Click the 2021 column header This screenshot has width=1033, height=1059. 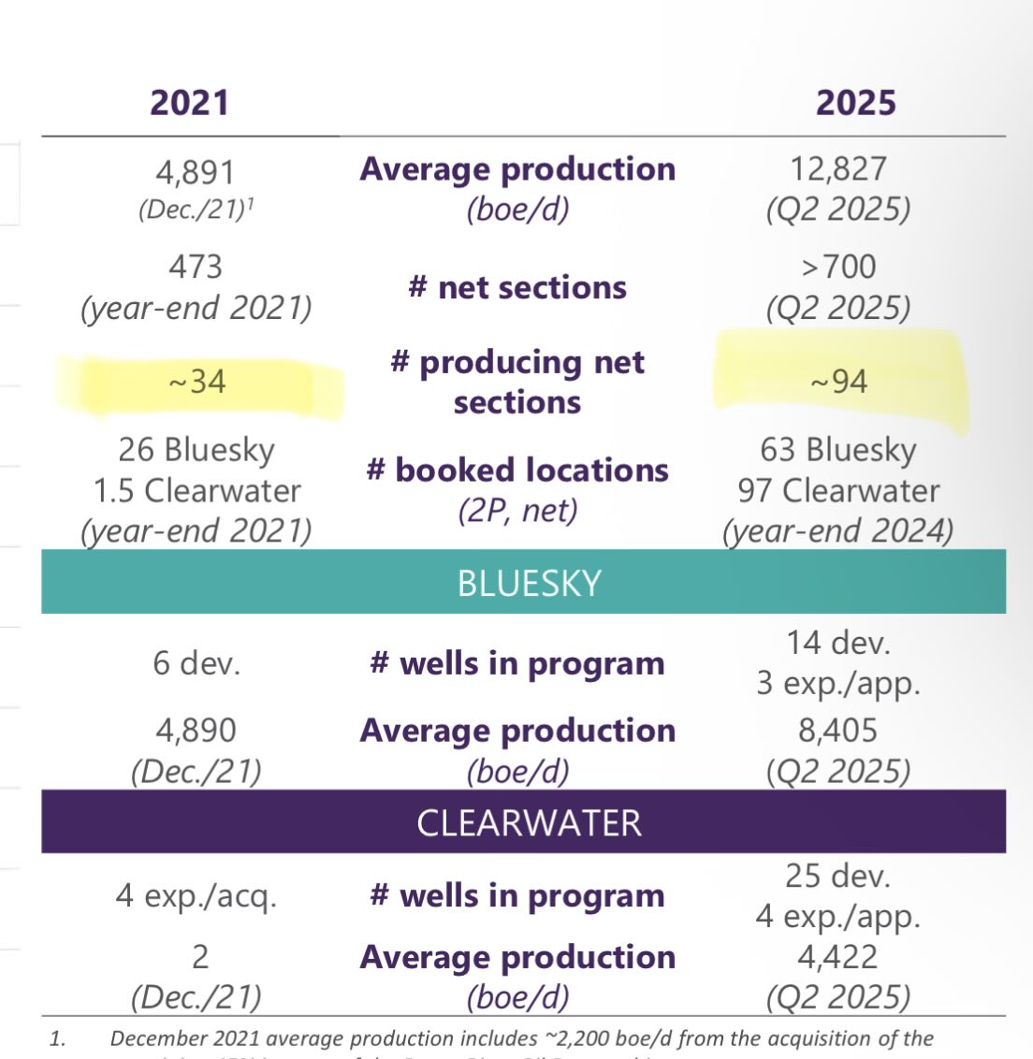coord(190,102)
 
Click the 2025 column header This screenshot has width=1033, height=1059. coord(855,102)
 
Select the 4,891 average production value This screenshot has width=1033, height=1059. coord(196,172)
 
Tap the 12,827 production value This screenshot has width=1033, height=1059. coord(838,168)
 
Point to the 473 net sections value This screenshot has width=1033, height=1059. coord(196,267)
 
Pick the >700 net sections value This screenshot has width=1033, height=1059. coord(838,267)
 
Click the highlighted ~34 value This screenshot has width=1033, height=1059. coord(196,382)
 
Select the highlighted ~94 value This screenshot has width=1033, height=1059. coord(838,382)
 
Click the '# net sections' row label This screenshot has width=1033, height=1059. coord(517,287)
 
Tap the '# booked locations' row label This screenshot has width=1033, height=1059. coord(517,470)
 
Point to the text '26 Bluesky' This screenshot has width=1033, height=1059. coord(196,450)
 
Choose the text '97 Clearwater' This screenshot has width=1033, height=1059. coord(838,490)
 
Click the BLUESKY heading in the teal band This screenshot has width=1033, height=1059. coord(529,583)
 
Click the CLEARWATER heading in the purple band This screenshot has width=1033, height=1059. coord(529,823)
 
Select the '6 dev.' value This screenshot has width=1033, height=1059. coord(196,663)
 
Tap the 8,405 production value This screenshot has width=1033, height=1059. coord(838,730)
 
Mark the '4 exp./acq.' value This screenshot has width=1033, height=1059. coord(196,896)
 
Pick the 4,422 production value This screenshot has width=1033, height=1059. coord(838,957)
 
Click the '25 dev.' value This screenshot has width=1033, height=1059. coord(838,876)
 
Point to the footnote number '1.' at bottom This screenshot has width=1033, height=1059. coord(58,1038)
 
